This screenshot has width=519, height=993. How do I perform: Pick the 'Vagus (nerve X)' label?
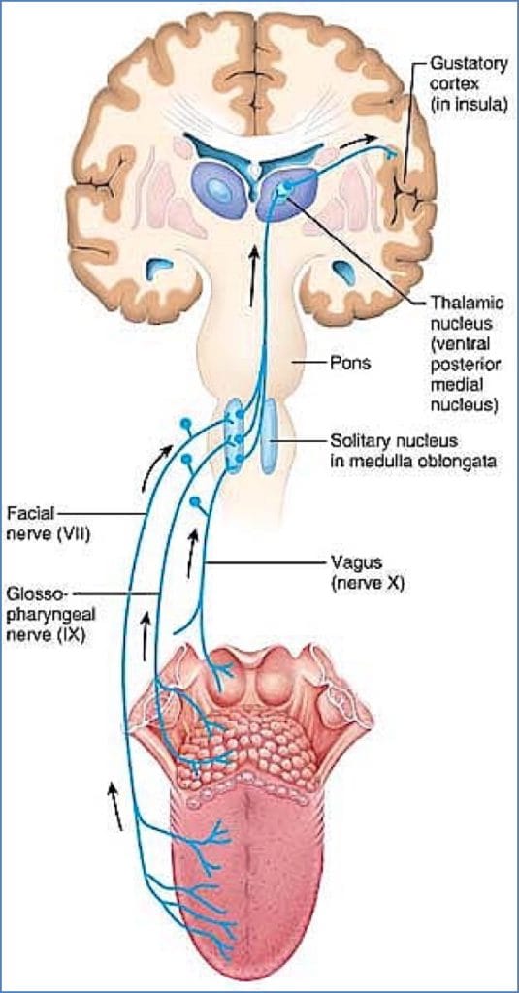click(x=364, y=573)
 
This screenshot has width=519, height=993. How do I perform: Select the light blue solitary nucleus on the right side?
click(x=269, y=432)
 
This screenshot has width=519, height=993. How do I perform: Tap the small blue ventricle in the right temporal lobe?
click(x=344, y=272)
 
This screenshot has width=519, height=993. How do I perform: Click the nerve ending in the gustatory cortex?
click(x=393, y=152)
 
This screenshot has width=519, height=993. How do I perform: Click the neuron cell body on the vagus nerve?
click(x=196, y=502)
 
